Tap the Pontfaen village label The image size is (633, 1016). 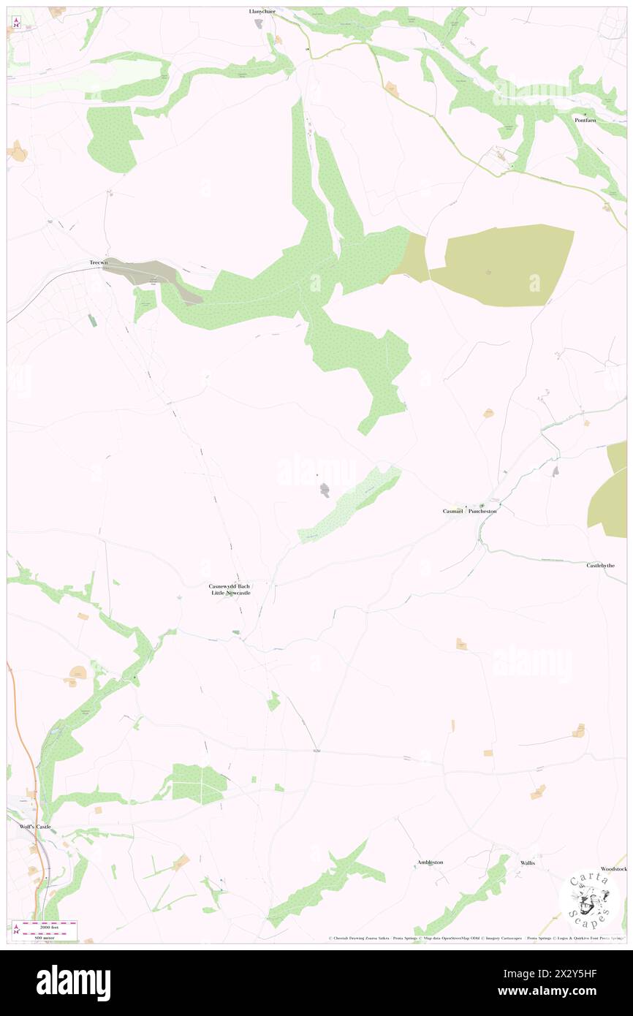click(586, 120)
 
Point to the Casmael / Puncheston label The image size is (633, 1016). click(469, 511)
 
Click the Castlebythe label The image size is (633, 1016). click(601, 566)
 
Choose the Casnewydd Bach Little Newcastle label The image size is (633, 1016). click(230, 589)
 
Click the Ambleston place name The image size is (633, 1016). click(430, 863)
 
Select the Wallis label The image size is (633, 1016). click(528, 863)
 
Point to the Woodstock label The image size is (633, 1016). click(614, 868)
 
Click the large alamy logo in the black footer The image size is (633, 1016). click(73, 982)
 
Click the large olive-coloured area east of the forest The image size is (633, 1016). click(504, 265)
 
